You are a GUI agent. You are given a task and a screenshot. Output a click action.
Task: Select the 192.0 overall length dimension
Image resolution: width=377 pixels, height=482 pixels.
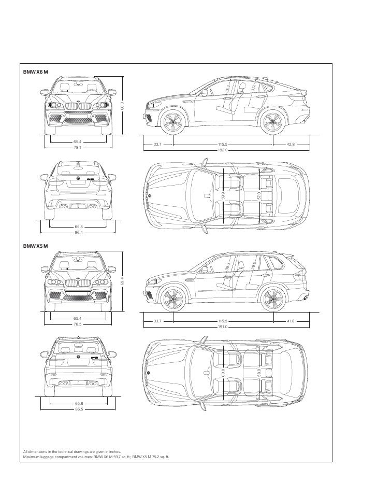point(224,150)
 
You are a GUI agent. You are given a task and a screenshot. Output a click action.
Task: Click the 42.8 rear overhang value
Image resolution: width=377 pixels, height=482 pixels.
point(291,145)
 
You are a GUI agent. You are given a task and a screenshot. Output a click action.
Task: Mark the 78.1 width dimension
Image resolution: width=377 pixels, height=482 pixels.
point(78,147)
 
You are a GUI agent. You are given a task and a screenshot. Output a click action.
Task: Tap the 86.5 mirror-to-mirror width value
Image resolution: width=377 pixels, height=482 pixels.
point(78,409)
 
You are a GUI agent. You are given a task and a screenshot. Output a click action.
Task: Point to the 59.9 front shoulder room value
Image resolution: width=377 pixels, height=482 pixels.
point(223,195)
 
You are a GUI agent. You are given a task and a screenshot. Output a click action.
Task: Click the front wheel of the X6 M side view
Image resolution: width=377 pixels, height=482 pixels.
point(171,123)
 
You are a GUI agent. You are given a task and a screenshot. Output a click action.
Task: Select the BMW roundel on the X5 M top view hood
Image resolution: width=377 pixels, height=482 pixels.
point(149,373)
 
